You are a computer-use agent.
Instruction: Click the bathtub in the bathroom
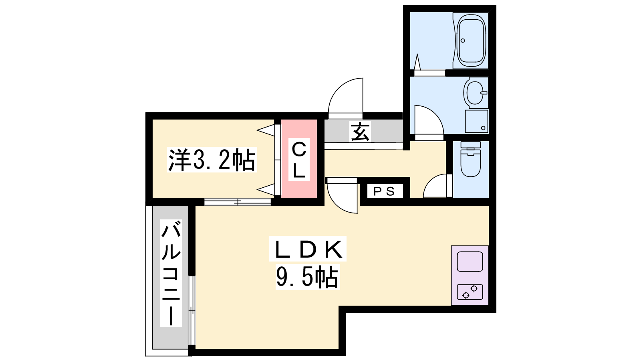click(x=471, y=41)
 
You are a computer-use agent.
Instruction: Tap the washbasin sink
click(x=475, y=93)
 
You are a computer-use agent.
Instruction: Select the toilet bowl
click(x=470, y=159)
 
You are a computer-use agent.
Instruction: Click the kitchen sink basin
click(x=470, y=261)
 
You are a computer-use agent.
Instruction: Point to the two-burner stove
click(x=470, y=292)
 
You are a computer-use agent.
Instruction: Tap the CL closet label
click(x=299, y=160)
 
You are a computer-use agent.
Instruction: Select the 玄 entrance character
click(x=360, y=132)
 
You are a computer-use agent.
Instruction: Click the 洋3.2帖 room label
click(x=212, y=160)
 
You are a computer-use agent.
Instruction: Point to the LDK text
click(x=308, y=249)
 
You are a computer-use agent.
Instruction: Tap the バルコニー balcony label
click(x=171, y=273)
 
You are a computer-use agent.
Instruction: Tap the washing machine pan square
click(x=476, y=122)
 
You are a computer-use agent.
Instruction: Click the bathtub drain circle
click(x=463, y=41)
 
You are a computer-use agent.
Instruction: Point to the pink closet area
click(x=299, y=159)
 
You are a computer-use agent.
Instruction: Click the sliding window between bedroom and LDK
click(x=238, y=202)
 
